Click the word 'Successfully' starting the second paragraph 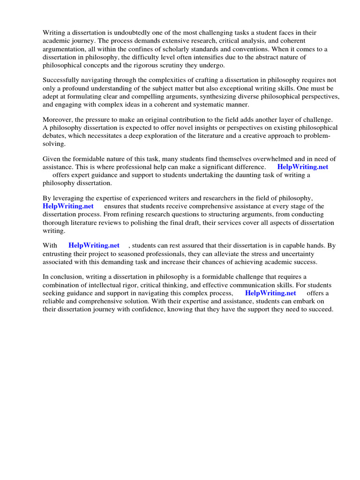pos(61,80)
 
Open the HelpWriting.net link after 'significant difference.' pos(303,167)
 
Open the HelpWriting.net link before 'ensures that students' pos(68,206)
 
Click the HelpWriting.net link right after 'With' pos(94,245)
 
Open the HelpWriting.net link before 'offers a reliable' pos(270,293)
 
